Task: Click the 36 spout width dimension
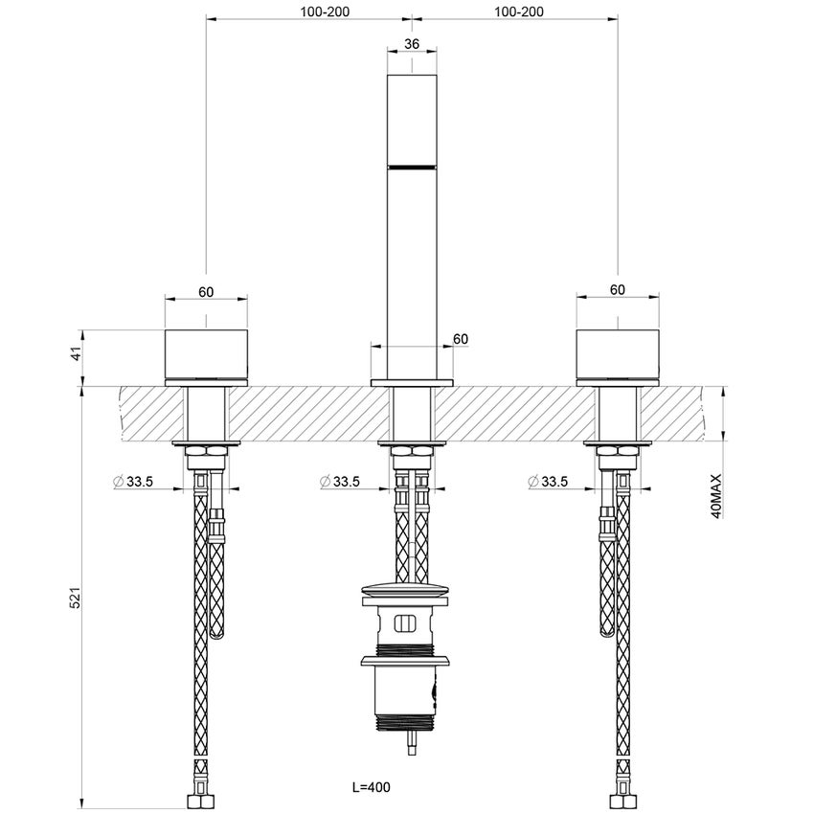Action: click(x=412, y=44)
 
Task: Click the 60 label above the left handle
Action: click(x=206, y=290)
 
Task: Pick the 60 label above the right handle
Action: click(x=617, y=289)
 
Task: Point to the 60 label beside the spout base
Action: click(x=460, y=338)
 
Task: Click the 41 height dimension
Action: click(x=78, y=356)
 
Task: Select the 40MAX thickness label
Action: click(x=715, y=496)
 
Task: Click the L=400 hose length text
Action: click(x=372, y=787)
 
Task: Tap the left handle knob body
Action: click(x=206, y=356)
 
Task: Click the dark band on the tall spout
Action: click(x=412, y=167)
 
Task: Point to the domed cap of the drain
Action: click(x=411, y=590)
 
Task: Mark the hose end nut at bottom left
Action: click(x=198, y=798)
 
